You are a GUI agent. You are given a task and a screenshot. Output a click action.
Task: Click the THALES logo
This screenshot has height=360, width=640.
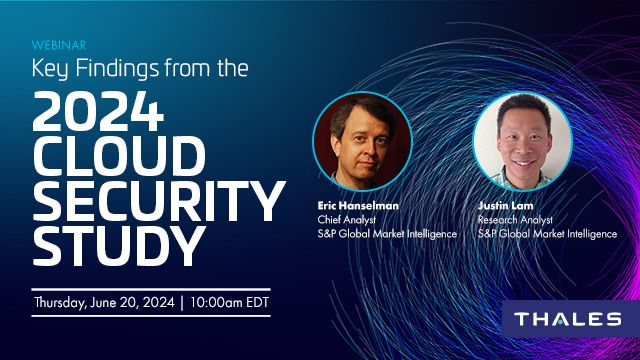[x=567, y=320]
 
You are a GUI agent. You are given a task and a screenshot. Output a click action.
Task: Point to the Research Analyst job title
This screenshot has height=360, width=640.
[x=516, y=220]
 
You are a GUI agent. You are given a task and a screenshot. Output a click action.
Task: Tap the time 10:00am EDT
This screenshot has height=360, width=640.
[x=232, y=301]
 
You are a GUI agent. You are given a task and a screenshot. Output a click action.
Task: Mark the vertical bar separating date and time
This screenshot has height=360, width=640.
[x=182, y=301]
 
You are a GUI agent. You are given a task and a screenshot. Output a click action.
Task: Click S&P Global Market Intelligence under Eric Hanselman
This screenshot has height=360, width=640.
[x=386, y=234]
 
